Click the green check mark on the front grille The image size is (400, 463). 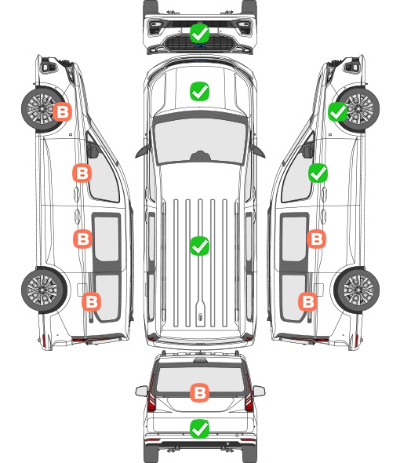199,34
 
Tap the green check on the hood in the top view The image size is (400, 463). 199,91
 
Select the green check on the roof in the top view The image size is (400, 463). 199,246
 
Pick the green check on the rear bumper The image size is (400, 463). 199,428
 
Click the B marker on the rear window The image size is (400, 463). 199,392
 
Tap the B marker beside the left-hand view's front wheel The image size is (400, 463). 62,112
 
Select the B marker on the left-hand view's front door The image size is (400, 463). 82,173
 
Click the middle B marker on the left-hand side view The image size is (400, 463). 82,239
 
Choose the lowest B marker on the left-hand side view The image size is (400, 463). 91,302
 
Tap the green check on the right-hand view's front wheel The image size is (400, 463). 338,112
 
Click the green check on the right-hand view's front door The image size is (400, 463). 318,173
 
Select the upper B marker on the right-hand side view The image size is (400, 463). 316,239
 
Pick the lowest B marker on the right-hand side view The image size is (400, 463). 308,302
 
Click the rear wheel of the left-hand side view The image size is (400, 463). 44,290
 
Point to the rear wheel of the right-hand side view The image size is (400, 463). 357,290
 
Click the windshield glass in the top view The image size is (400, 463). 200,140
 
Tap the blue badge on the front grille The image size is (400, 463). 199,46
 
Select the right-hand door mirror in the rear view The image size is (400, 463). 259,391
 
